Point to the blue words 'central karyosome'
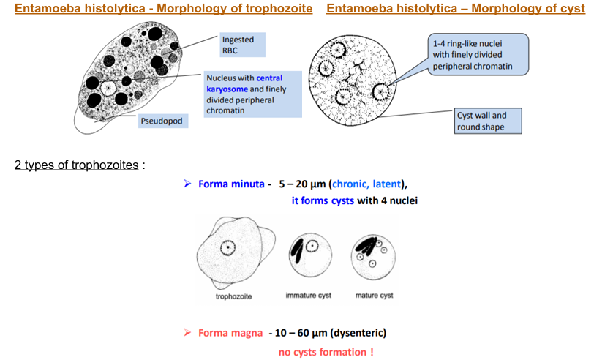[268, 83]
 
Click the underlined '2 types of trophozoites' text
[76, 165]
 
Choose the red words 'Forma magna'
[230, 333]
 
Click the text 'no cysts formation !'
[326, 352]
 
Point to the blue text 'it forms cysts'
[323, 200]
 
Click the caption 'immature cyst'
[308, 296]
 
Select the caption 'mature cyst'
[374, 296]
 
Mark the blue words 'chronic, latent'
[366, 184]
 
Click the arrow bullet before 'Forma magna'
[187, 333]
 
